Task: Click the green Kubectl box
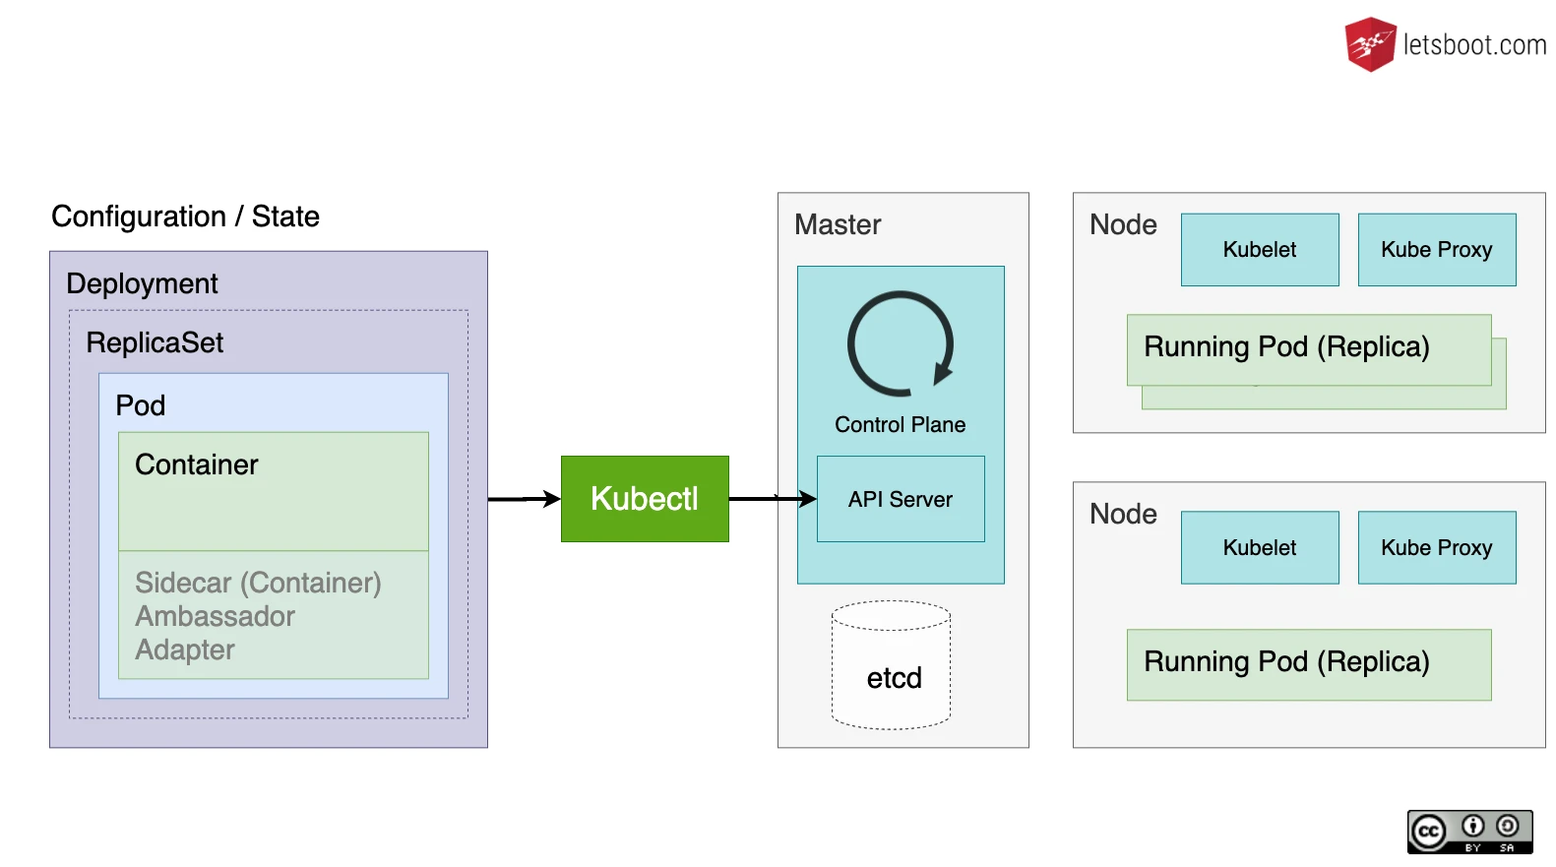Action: pyautogui.click(x=645, y=499)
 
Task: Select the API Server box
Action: pyautogui.click(x=901, y=499)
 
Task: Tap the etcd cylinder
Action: pyautogui.click(x=892, y=665)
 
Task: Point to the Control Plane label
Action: pyautogui.click(x=901, y=424)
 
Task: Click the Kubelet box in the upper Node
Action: pyautogui.click(x=1260, y=249)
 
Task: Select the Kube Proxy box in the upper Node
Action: pyautogui.click(x=1437, y=249)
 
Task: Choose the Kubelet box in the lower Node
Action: pyautogui.click(x=1260, y=547)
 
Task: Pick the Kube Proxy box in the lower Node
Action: pyautogui.click(x=1437, y=547)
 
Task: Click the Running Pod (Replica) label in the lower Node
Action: pyautogui.click(x=1286, y=662)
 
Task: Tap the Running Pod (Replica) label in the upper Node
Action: pyautogui.click(x=1286, y=347)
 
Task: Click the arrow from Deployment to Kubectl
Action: pyautogui.click(x=525, y=499)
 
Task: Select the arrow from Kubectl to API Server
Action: pyautogui.click(x=773, y=499)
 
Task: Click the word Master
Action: pyautogui.click(x=838, y=224)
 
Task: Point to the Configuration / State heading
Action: pyautogui.click(x=185, y=217)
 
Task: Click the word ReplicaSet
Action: pyautogui.click(x=155, y=342)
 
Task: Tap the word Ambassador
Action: pyautogui.click(x=215, y=616)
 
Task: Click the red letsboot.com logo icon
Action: pyautogui.click(x=1370, y=44)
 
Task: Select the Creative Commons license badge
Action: pyautogui.click(x=1469, y=832)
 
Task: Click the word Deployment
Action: pyautogui.click(x=142, y=283)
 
